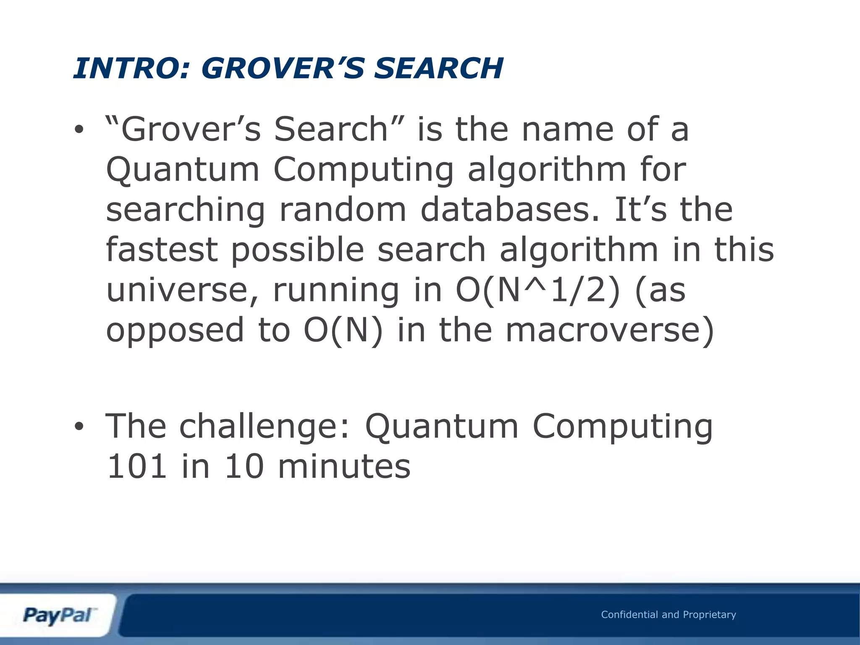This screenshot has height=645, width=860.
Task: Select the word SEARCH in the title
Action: tap(438, 68)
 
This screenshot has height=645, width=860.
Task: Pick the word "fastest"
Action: tap(162, 249)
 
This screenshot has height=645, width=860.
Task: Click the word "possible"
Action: tap(297, 250)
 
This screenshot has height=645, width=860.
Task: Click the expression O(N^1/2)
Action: tap(538, 291)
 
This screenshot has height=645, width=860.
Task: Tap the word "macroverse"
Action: tap(609, 330)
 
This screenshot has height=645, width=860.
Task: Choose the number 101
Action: tap(137, 467)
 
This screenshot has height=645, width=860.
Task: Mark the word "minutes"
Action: tap(344, 467)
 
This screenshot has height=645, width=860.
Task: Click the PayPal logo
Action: tap(57, 616)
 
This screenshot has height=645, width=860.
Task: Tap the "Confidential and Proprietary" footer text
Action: tap(669, 615)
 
